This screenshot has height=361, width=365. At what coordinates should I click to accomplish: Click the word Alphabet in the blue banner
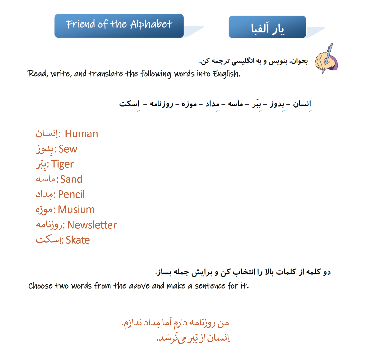click(151, 24)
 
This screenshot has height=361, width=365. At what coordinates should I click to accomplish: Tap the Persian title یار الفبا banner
click(267, 28)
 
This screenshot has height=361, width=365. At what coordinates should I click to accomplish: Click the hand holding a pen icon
click(327, 59)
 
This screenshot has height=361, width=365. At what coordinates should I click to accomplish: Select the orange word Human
click(82, 134)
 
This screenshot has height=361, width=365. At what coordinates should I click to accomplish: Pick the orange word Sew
click(68, 149)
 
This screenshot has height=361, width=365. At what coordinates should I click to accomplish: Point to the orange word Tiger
click(62, 164)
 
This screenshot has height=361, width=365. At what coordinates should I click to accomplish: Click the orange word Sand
click(71, 179)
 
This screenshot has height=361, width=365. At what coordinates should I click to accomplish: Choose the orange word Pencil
click(71, 194)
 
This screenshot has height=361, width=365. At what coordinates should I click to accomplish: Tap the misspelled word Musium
click(76, 209)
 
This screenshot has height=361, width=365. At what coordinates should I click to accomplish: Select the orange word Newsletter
click(92, 225)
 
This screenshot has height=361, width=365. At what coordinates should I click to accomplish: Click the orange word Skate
click(78, 240)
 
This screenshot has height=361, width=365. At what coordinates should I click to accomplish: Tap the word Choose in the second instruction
click(40, 286)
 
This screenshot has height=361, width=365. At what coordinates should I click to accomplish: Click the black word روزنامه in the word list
click(161, 104)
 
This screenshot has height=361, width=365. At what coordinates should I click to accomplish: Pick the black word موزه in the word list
click(189, 104)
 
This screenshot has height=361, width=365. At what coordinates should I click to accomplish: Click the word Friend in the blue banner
click(81, 24)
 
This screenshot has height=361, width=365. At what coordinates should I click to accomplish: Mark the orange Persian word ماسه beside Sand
click(46, 179)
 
